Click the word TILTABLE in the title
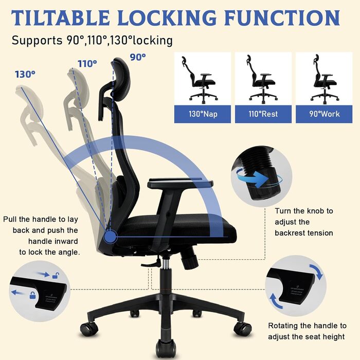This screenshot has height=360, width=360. (x=61, y=17)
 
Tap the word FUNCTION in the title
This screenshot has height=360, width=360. (x=282, y=17)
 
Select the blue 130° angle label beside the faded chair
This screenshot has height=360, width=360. (x=25, y=75)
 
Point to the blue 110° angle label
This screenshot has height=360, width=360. (x=87, y=64)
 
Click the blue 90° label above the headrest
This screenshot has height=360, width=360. (x=138, y=57)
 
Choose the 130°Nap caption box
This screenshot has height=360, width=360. (x=203, y=114)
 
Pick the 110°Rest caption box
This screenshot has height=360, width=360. (x=263, y=114)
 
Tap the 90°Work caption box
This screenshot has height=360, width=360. (x=324, y=114)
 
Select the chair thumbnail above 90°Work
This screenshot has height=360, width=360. (x=324, y=79)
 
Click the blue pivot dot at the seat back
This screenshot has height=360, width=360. (x=110, y=237)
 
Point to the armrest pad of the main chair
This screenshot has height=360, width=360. (x=180, y=184)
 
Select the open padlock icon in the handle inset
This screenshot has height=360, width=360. (x=56, y=276)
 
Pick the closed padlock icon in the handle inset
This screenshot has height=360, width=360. (x=33, y=295)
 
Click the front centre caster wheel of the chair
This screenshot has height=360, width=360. (x=166, y=349)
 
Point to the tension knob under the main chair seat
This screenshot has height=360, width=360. (x=190, y=259)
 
